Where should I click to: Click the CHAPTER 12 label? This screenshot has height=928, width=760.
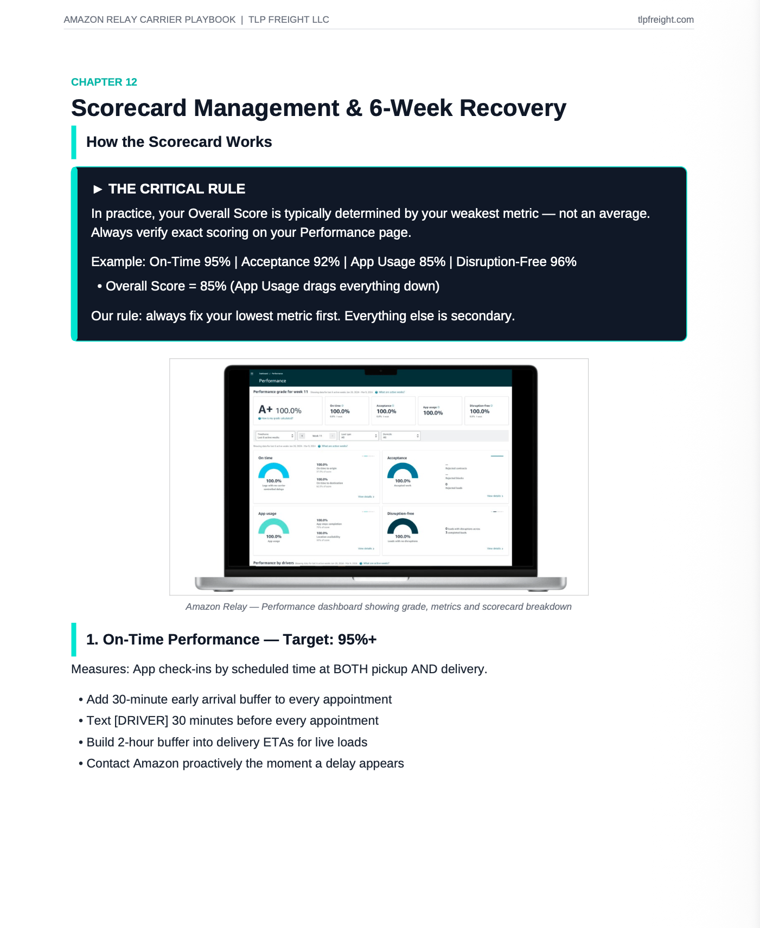coord(104,82)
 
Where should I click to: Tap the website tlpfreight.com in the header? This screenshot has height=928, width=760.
coord(665,20)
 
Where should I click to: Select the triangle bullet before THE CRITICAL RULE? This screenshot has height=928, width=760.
coord(98,189)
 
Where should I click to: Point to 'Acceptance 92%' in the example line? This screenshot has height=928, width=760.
coord(290,262)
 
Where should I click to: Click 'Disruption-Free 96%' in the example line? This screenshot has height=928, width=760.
coord(516,262)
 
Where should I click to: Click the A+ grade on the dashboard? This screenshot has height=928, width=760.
coord(265,410)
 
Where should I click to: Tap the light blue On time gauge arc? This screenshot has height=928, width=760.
coord(273,470)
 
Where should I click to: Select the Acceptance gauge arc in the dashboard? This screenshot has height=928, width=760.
coord(403,470)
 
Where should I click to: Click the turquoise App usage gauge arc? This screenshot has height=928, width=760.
coord(273,525)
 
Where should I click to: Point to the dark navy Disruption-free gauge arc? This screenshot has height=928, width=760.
coord(403,525)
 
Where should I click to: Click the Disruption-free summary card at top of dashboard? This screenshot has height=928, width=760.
coord(487,410)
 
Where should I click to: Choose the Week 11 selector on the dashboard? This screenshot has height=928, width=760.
coord(317,436)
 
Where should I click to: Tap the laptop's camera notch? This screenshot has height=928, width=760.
coord(381,371)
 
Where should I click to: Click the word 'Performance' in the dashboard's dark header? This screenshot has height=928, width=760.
coord(272,381)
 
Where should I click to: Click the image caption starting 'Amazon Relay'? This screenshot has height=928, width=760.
coord(378,607)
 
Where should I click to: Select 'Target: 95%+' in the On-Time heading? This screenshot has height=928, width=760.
coord(330,640)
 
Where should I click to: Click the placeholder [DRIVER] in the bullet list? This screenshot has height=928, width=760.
coord(141,720)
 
